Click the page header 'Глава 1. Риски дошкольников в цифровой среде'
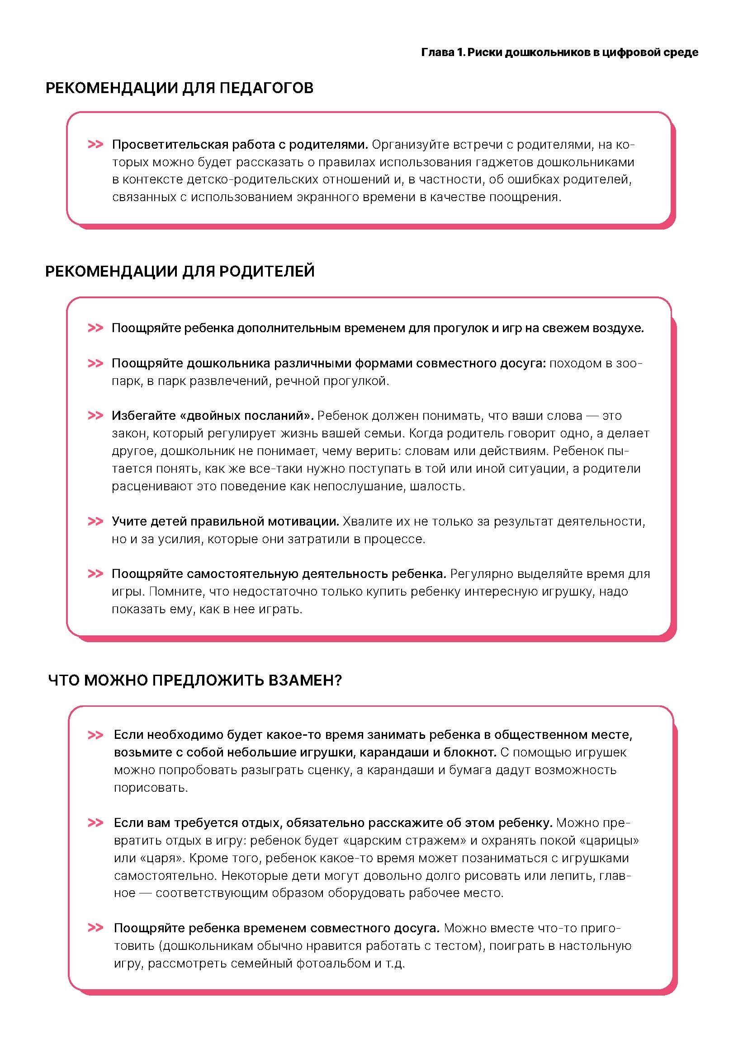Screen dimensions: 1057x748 [x=559, y=52]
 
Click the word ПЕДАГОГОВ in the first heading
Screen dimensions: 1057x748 [x=266, y=88]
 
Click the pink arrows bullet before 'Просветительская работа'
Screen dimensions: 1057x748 [x=95, y=145]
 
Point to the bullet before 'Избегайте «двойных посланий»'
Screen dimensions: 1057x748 [x=95, y=416]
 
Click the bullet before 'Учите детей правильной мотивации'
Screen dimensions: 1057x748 [x=95, y=521]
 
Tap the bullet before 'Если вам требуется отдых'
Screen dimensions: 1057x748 [x=95, y=822]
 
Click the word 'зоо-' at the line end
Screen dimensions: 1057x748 [x=628, y=364]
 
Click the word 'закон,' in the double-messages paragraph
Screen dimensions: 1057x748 [x=130, y=434]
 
